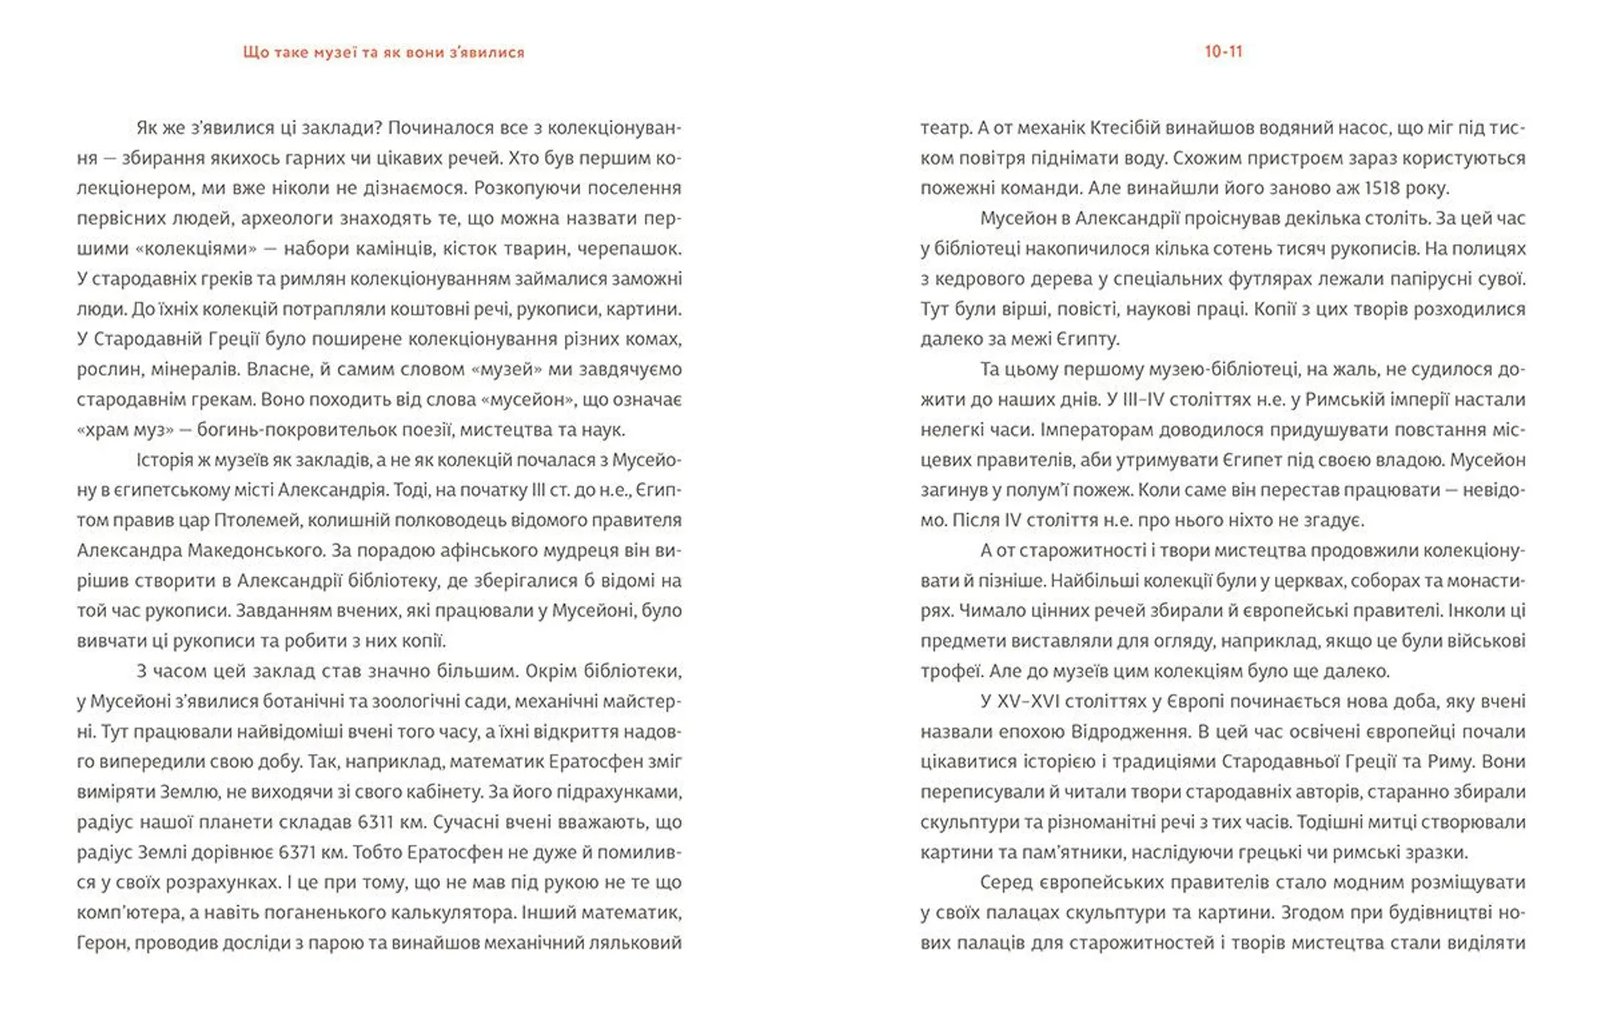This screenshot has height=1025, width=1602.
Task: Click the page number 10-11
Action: (x=1223, y=52)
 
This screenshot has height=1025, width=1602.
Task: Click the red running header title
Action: (x=384, y=53)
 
